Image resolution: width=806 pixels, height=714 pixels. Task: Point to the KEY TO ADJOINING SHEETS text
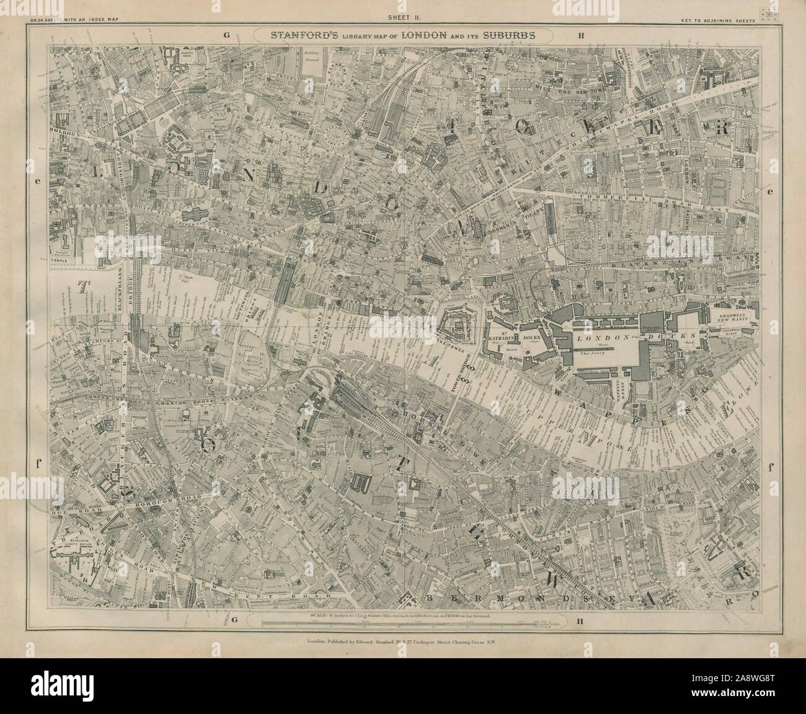(x=719, y=21)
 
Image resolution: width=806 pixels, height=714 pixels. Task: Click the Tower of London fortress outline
(x=460, y=324)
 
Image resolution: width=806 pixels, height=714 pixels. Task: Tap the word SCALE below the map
(x=323, y=633)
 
